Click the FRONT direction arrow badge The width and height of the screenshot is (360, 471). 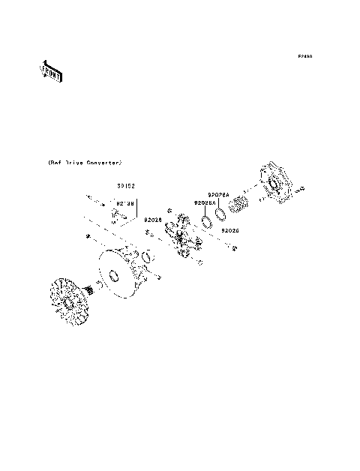tap(50, 71)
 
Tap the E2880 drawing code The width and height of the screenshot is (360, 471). tap(304, 56)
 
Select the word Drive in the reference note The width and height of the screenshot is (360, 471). tap(72, 163)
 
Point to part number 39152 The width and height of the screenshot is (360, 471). tap(124, 185)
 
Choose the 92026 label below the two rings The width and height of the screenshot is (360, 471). tap(229, 231)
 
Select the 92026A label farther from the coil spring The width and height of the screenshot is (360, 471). tap(204, 203)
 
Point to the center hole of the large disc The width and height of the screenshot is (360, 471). tap(115, 278)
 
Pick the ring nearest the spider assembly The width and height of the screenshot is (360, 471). tap(204, 223)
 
